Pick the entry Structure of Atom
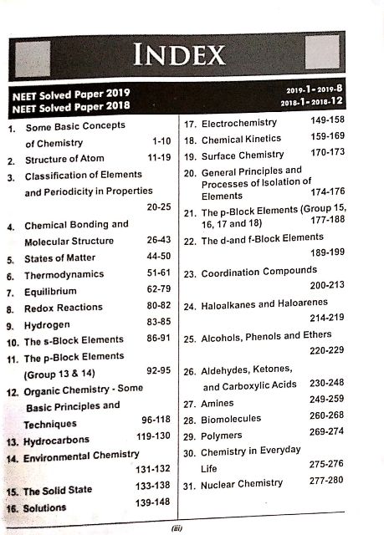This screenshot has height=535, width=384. (64, 160)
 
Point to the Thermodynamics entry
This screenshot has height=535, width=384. (64, 274)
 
